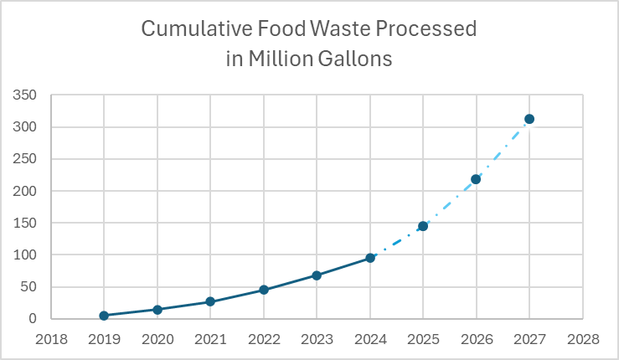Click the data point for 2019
104,316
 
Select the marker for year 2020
157,310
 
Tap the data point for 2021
210,301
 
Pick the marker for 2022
264,290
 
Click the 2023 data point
317,275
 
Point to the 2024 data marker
370,258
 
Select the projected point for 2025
423,226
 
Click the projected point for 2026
476,179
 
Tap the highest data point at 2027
529,119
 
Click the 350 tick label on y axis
24,95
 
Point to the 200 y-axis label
24,191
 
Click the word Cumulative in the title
192,29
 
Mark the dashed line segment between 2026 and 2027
503,149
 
